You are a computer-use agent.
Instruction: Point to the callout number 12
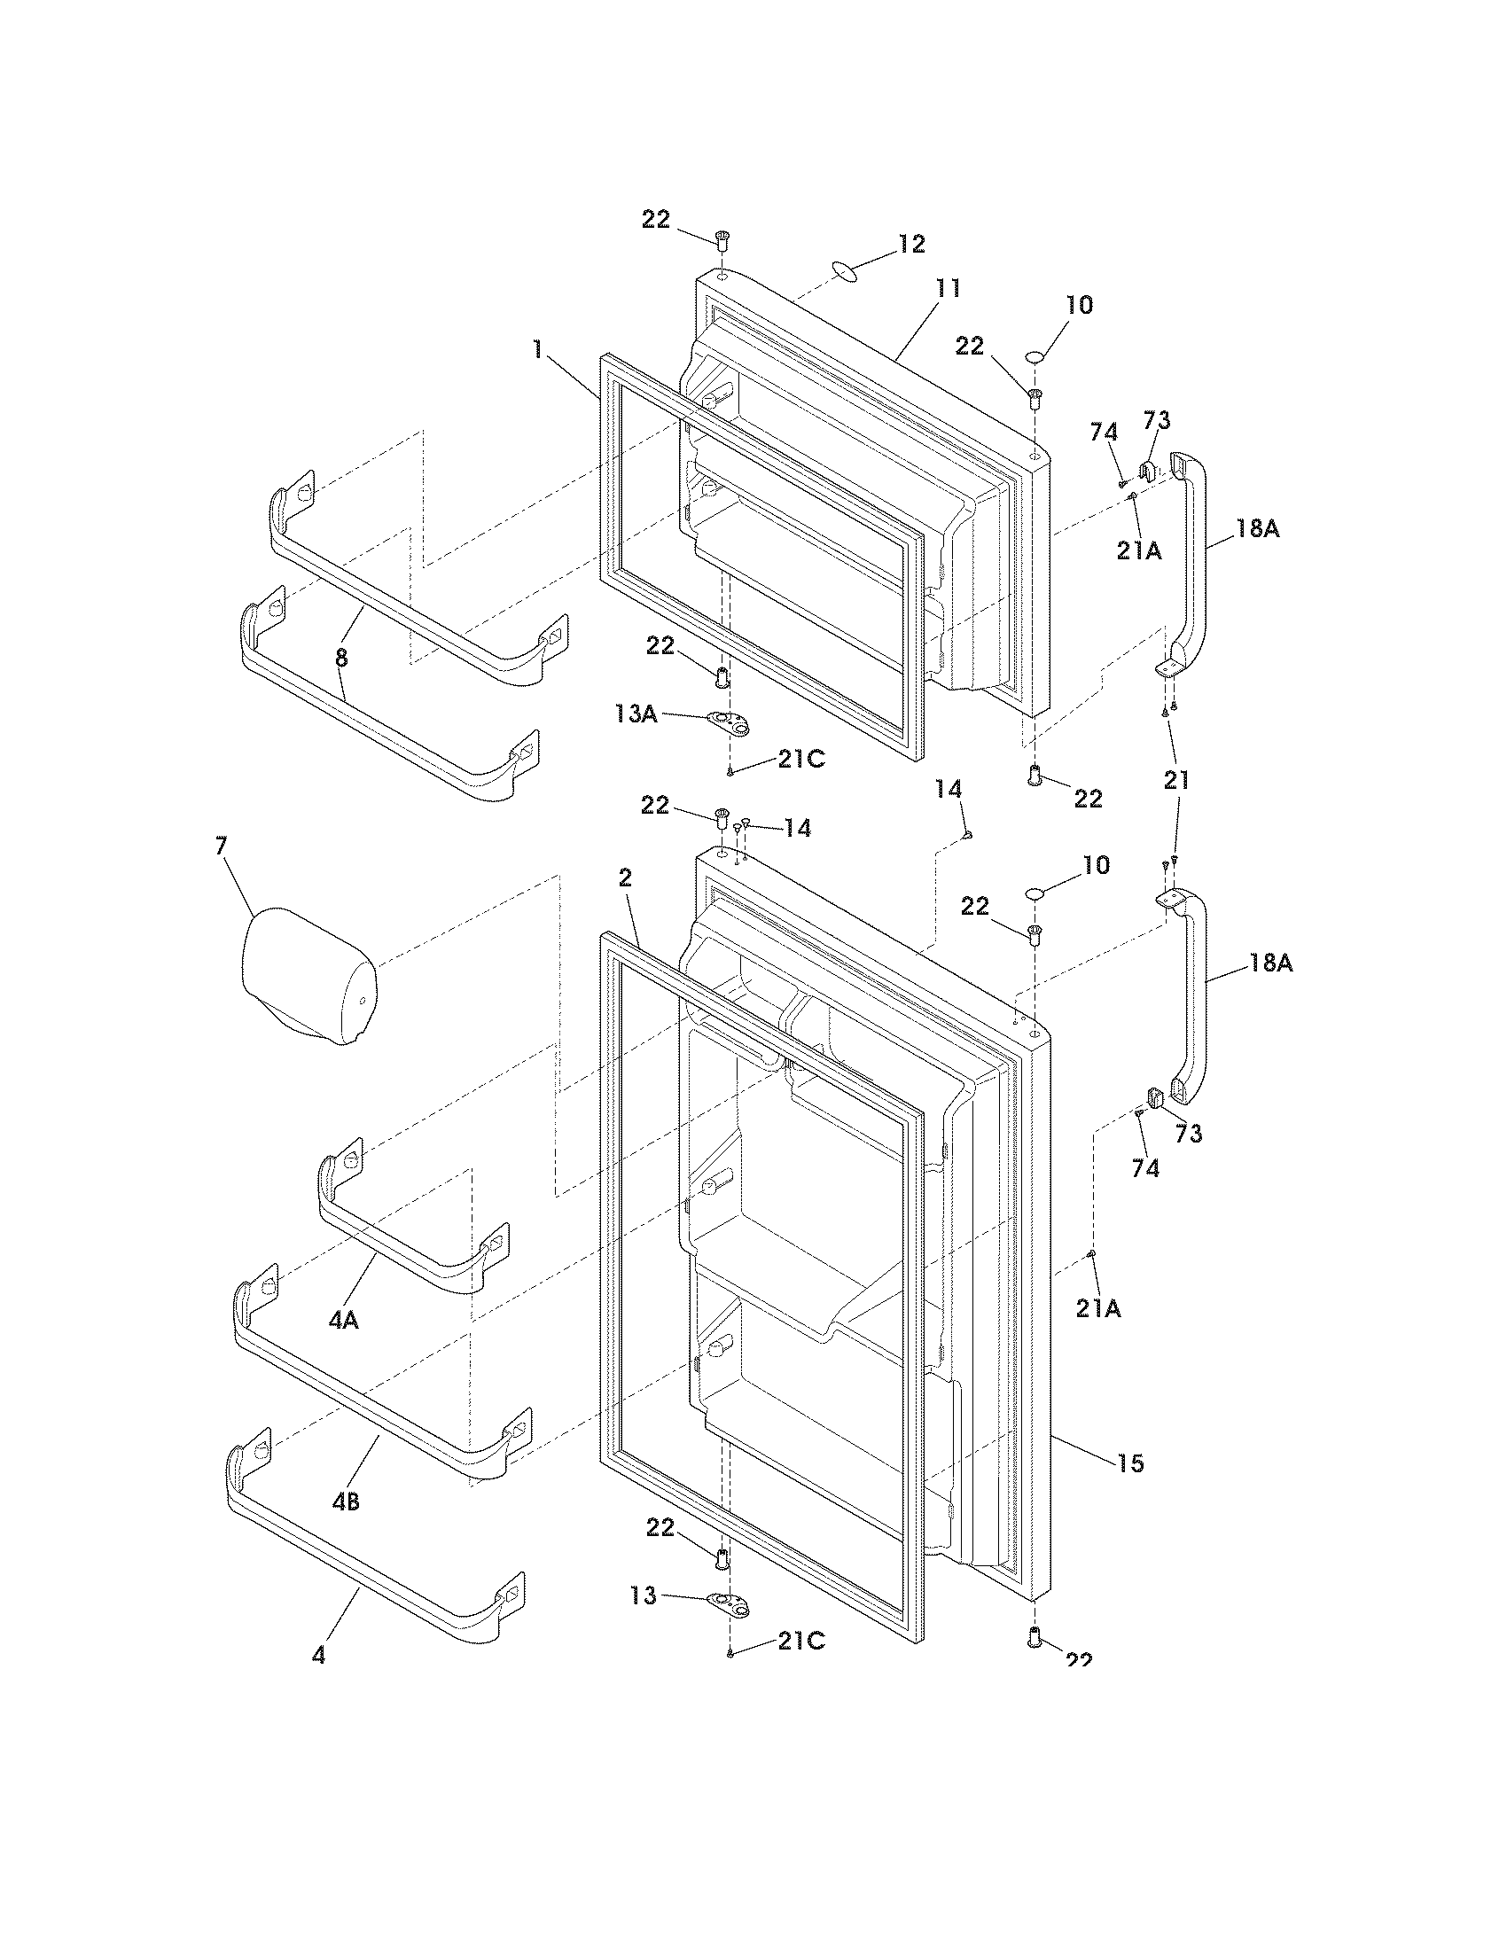911,244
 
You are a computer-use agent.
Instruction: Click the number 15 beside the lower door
1130,1462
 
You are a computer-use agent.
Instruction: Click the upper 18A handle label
1257,528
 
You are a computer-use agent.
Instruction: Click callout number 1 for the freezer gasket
537,348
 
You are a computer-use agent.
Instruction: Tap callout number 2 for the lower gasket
625,877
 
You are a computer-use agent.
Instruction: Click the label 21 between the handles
1176,779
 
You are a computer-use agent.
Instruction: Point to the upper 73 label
1157,419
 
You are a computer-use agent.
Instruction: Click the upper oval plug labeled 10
1035,357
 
